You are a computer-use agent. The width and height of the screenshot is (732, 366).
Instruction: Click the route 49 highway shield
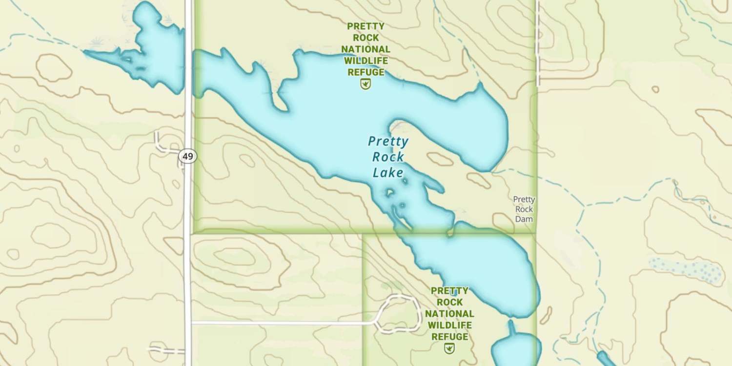point(187,157)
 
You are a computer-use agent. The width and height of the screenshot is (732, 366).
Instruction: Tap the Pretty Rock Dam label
point(524,209)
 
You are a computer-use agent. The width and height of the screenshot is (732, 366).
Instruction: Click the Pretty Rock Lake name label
point(388,157)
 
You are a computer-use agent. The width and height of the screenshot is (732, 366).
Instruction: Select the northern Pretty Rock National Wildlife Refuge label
point(366,49)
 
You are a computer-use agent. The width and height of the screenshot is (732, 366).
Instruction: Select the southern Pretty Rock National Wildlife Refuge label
point(449,314)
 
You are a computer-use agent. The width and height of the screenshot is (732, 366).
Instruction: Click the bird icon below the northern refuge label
point(366,84)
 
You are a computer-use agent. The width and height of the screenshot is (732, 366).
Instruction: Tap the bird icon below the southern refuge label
point(449,348)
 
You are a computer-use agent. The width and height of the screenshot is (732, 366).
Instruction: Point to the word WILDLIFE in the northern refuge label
point(366,61)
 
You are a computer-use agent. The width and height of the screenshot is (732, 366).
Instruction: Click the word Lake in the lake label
point(388,172)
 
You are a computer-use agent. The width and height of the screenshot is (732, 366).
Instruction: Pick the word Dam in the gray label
point(524,219)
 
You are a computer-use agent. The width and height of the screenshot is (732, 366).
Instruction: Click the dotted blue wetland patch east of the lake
point(688,269)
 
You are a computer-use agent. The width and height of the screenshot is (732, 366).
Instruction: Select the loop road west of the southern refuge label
point(400,313)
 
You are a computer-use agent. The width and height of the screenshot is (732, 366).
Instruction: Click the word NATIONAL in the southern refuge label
point(449,314)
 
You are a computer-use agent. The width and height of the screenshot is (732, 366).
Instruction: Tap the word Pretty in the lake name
point(388,142)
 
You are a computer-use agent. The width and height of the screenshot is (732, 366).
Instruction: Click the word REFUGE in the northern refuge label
point(366,73)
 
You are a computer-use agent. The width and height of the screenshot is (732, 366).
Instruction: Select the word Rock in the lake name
point(388,157)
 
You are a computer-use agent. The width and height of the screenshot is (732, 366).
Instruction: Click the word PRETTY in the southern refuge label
point(449,291)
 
